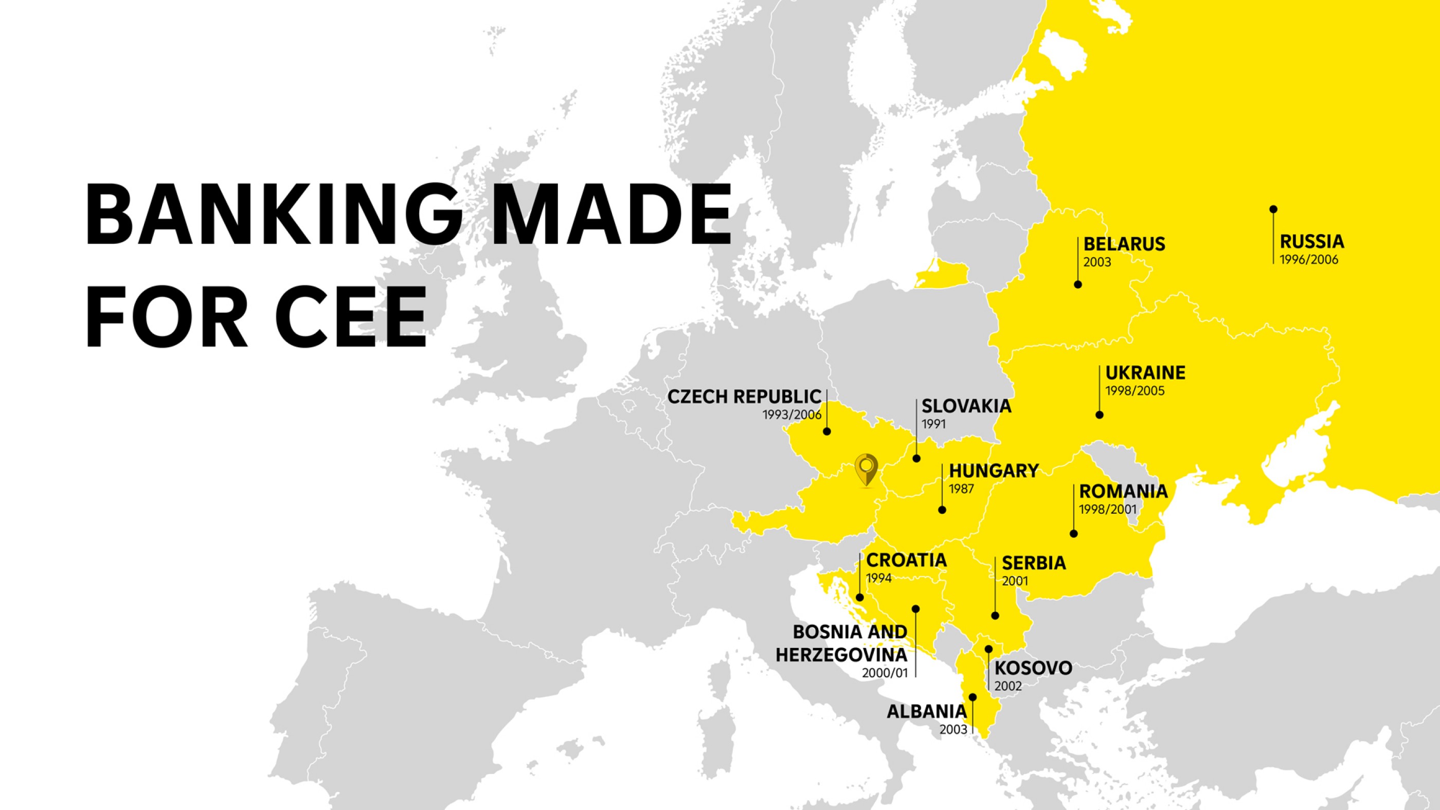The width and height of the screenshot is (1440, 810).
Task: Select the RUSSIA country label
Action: pos(1312,242)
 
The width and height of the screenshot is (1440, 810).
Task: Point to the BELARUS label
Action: pos(1124,244)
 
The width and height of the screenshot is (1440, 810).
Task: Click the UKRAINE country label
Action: pos(1145,373)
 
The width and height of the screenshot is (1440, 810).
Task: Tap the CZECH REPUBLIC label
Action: pos(745,397)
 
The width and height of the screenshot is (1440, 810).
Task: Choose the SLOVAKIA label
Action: pos(966,406)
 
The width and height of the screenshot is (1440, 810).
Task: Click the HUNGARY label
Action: pos(994,471)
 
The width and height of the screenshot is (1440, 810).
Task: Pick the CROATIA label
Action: pos(906,560)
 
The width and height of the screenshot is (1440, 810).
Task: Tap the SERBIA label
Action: pos(1034,564)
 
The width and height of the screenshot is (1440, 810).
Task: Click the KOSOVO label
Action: pos(1033,668)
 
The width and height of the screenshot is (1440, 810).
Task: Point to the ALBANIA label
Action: pos(927,712)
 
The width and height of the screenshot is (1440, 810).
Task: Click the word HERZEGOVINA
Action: pos(841,655)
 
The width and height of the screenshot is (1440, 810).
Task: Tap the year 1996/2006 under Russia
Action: pos(1309,260)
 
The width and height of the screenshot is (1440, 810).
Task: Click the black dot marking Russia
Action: pos(1273,209)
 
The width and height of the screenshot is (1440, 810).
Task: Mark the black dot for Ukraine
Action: pos(1100,415)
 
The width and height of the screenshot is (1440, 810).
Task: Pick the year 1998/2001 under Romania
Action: pos(1107,510)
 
